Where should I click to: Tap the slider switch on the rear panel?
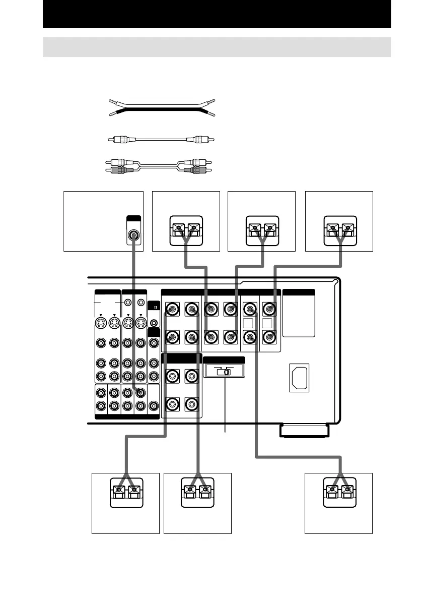pyautogui.click(x=226, y=372)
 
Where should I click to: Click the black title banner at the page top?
pyautogui.click(x=217, y=15)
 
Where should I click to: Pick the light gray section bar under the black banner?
pyautogui.click(x=217, y=47)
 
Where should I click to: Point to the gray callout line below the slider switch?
pyautogui.click(x=225, y=403)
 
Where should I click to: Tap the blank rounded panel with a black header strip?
pyautogui.click(x=299, y=313)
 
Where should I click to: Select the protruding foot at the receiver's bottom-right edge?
pyautogui.click(x=303, y=431)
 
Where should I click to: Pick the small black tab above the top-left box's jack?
pyautogui.click(x=133, y=219)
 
